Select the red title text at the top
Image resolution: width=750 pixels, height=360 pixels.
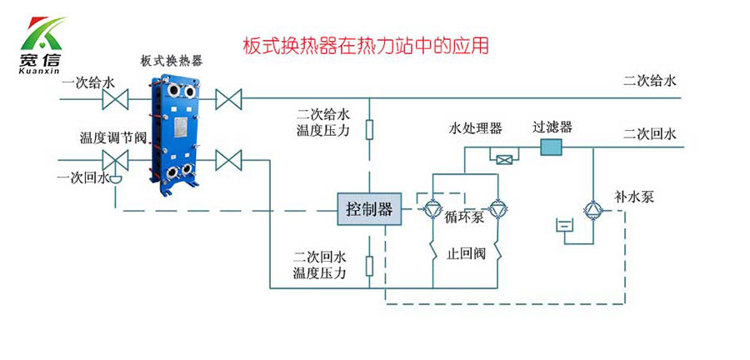pos(364,44)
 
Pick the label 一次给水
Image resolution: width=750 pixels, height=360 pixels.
pos(87,82)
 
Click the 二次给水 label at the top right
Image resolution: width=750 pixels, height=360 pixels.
pos(650,81)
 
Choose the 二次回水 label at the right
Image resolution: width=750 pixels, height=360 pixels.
pos(650,132)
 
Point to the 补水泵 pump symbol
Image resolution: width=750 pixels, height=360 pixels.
pos(591,208)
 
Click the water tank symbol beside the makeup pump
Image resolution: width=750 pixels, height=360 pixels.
pos(564,225)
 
